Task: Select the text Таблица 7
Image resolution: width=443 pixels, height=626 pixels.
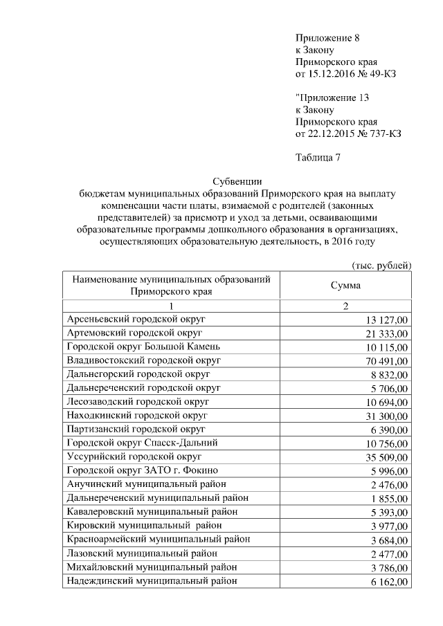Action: click(318, 157)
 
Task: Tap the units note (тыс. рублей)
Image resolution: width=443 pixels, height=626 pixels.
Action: click(382, 265)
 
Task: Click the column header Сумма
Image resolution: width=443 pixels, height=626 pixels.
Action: click(344, 285)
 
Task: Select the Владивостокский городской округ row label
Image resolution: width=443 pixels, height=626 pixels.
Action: click(143, 360)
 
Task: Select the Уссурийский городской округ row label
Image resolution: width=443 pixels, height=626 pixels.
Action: click(134, 457)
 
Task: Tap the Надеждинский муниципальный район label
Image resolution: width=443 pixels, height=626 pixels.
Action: click(152, 580)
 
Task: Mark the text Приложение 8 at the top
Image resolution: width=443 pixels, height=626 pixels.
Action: click(327, 37)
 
